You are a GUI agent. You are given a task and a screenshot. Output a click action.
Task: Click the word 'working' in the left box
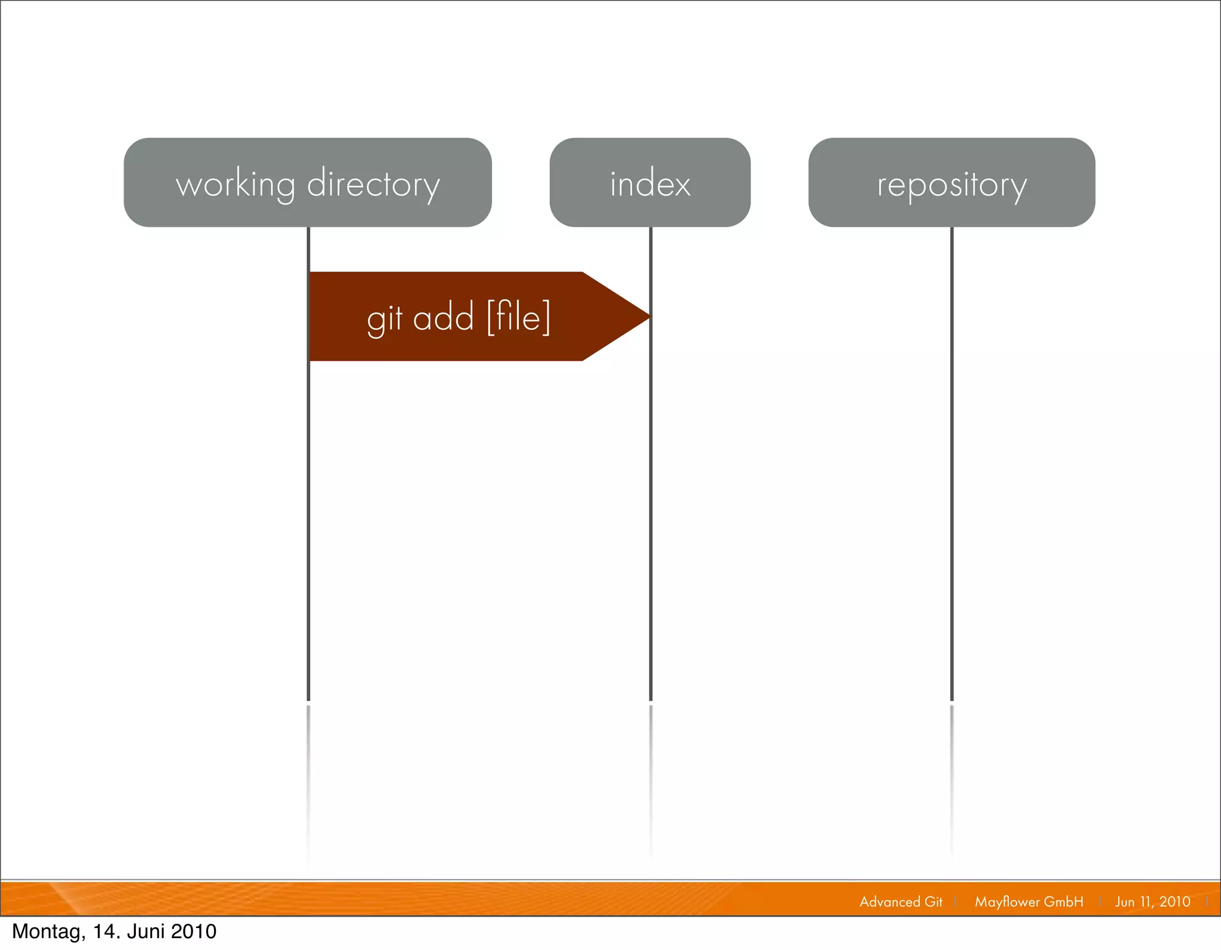[x=235, y=185]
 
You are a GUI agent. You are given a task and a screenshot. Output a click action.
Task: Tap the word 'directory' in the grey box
[x=374, y=185]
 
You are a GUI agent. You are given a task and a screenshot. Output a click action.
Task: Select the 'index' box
[x=650, y=182]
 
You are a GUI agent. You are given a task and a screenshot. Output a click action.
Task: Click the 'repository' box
[x=952, y=182]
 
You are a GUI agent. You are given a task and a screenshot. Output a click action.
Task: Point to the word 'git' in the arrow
[x=385, y=318]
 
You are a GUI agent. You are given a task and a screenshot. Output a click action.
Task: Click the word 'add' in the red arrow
[x=443, y=317]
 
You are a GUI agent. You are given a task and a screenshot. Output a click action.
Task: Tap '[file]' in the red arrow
[x=518, y=317]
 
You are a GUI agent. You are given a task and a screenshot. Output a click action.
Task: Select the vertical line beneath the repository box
[x=952, y=465]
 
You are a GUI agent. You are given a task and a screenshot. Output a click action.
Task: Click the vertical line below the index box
[x=650, y=507]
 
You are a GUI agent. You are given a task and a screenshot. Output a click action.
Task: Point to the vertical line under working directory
[x=308, y=507]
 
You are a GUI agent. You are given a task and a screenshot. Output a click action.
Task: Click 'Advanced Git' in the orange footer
[x=901, y=902]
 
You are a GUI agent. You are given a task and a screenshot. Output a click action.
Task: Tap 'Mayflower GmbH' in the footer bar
[x=1029, y=902]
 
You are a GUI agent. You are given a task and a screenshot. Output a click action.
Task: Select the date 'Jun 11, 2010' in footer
[x=1152, y=902]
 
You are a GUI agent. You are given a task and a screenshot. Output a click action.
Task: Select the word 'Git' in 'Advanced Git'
[x=933, y=902]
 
